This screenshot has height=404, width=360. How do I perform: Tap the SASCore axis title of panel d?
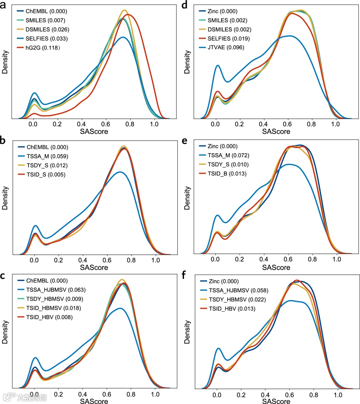point(276,131)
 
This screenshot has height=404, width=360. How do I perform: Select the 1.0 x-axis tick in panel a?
point(154,124)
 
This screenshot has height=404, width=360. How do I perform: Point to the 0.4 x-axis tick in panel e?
point(264,259)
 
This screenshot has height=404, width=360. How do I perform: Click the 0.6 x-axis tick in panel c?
point(107,394)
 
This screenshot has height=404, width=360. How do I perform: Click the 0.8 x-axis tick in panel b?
point(131,260)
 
